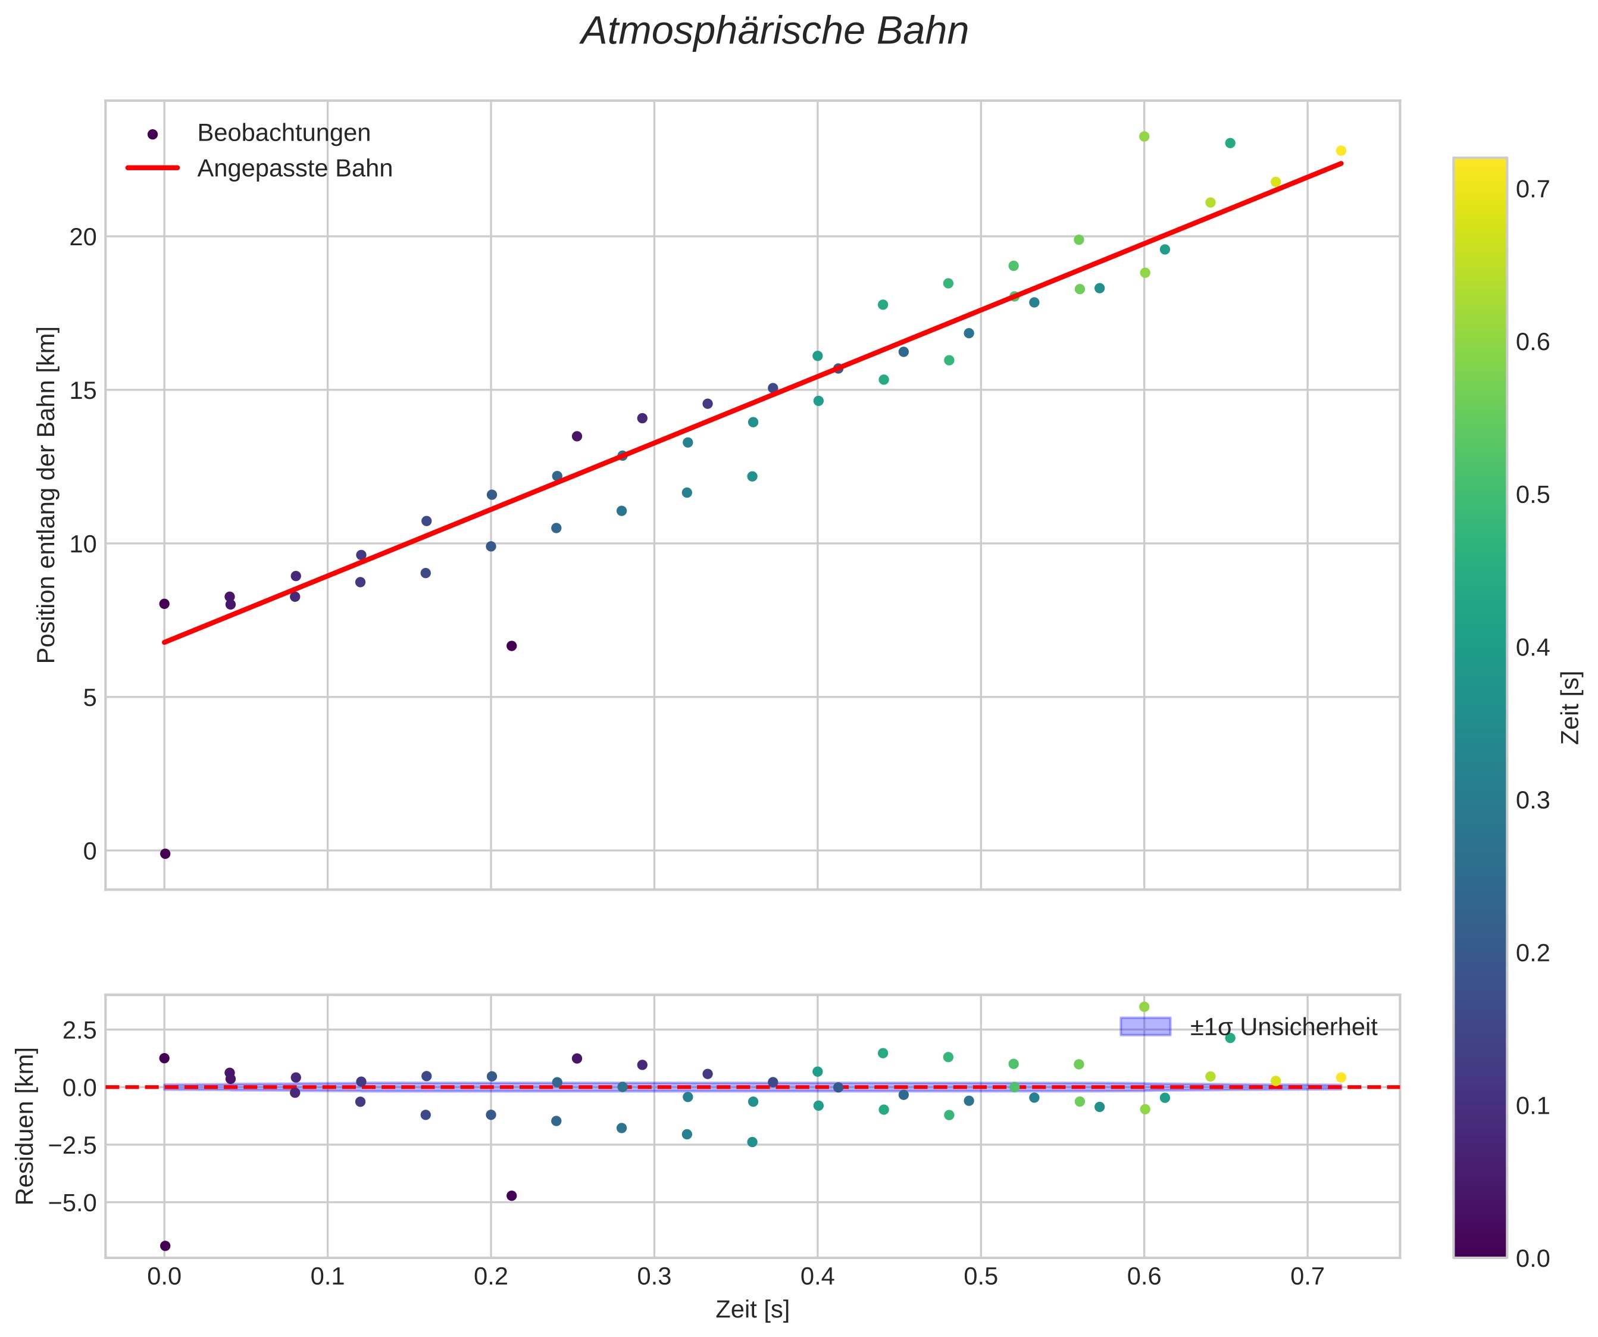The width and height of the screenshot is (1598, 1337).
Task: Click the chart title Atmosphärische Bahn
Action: click(x=774, y=32)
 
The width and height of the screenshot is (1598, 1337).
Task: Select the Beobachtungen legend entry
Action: click(x=283, y=133)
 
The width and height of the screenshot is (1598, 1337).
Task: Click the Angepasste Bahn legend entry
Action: click(x=295, y=168)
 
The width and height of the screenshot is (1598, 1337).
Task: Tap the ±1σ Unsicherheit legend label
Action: click(x=1283, y=1027)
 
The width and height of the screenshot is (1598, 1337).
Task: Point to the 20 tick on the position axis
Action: click(x=84, y=237)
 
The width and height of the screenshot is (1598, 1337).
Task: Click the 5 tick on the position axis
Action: click(x=90, y=697)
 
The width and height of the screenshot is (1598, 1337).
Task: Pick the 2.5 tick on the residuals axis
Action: click(x=79, y=1030)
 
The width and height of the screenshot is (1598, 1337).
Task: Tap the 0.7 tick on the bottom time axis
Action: click(x=1308, y=1277)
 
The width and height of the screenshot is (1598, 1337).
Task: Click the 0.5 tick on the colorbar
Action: click(x=1532, y=495)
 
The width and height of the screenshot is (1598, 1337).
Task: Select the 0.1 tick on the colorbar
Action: click(x=1532, y=1105)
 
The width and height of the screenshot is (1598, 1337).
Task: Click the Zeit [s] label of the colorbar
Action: click(x=1570, y=708)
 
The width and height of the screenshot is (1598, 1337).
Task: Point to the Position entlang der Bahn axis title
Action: click(x=46, y=495)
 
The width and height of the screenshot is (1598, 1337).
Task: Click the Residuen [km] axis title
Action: click(x=25, y=1126)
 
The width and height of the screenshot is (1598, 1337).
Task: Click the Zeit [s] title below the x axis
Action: click(x=752, y=1310)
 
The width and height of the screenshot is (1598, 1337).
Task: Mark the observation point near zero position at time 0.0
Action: click(x=165, y=854)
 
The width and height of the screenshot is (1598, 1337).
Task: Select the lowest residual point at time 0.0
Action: click(x=165, y=1246)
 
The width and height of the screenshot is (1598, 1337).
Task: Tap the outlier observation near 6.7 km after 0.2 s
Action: click(x=511, y=646)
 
